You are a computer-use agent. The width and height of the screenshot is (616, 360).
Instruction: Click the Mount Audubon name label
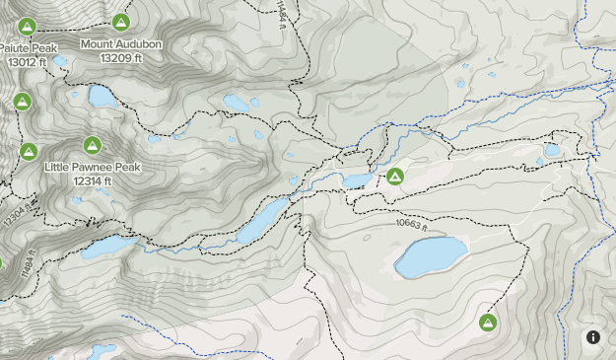pos(120,44)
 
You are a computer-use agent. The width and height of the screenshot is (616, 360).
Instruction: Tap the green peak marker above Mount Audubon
pos(121,22)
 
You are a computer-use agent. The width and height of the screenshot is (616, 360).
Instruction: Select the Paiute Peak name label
pos(30,48)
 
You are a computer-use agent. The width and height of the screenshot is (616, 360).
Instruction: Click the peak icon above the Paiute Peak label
pos(28,26)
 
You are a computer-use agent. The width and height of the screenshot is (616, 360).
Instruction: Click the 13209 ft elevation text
pos(120,57)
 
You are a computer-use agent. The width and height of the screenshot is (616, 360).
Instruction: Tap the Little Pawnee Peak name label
pos(92,168)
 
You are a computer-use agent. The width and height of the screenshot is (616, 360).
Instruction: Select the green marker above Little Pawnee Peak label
pos(92,145)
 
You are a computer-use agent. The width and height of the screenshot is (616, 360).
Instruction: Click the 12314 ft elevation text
pos(92,180)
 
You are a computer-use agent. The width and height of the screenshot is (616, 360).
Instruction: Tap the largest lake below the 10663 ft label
pos(431,256)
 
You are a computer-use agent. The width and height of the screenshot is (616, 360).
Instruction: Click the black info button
pos(593,337)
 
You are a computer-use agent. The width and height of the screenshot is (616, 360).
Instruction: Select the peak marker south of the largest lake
pos(487,323)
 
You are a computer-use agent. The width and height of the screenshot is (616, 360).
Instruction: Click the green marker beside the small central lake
pos(394,177)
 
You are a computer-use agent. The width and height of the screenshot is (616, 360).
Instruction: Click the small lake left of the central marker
pos(357,180)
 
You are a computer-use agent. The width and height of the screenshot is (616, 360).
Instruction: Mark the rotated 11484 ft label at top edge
pos(281,14)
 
